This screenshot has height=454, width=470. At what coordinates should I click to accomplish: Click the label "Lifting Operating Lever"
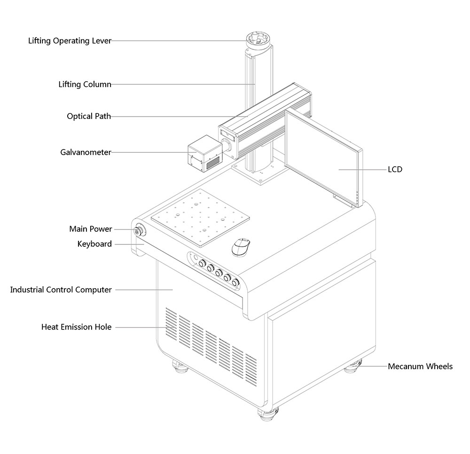(70, 41)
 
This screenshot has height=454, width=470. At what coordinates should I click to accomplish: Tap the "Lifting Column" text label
(85, 85)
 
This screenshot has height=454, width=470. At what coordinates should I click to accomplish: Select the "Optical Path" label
(89, 116)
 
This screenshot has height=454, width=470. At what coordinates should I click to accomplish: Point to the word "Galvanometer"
(86, 152)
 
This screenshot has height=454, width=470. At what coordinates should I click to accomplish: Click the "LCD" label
(395, 169)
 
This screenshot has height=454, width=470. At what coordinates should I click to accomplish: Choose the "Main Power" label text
(91, 229)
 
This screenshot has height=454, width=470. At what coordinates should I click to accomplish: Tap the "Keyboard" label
(94, 244)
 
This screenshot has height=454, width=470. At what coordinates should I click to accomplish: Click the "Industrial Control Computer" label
(61, 290)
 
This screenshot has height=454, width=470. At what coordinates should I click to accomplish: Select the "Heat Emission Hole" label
(77, 327)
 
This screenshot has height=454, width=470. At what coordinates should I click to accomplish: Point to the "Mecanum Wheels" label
(420, 366)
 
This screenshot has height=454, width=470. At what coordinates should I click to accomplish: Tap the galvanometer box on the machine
(203, 156)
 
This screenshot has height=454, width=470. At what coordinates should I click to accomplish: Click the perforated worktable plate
(200, 217)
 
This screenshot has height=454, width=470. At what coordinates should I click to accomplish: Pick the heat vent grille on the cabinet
(211, 343)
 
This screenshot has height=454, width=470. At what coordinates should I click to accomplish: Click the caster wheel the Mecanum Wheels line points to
(353, 366)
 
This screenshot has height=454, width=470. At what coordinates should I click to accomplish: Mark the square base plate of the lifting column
(258, 175)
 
